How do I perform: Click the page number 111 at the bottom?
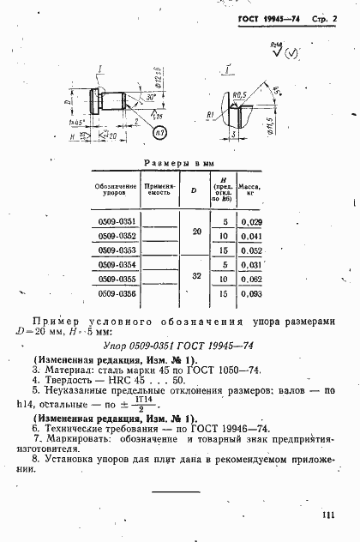pos(327,514)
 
